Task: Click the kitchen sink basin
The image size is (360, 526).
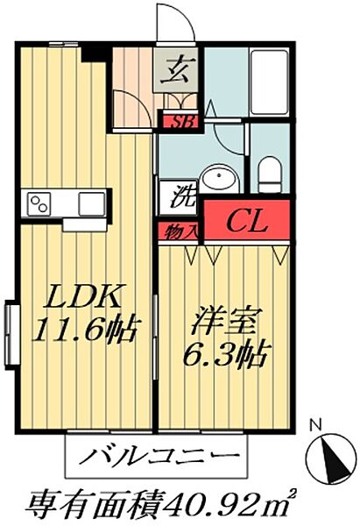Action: point(91,204)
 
